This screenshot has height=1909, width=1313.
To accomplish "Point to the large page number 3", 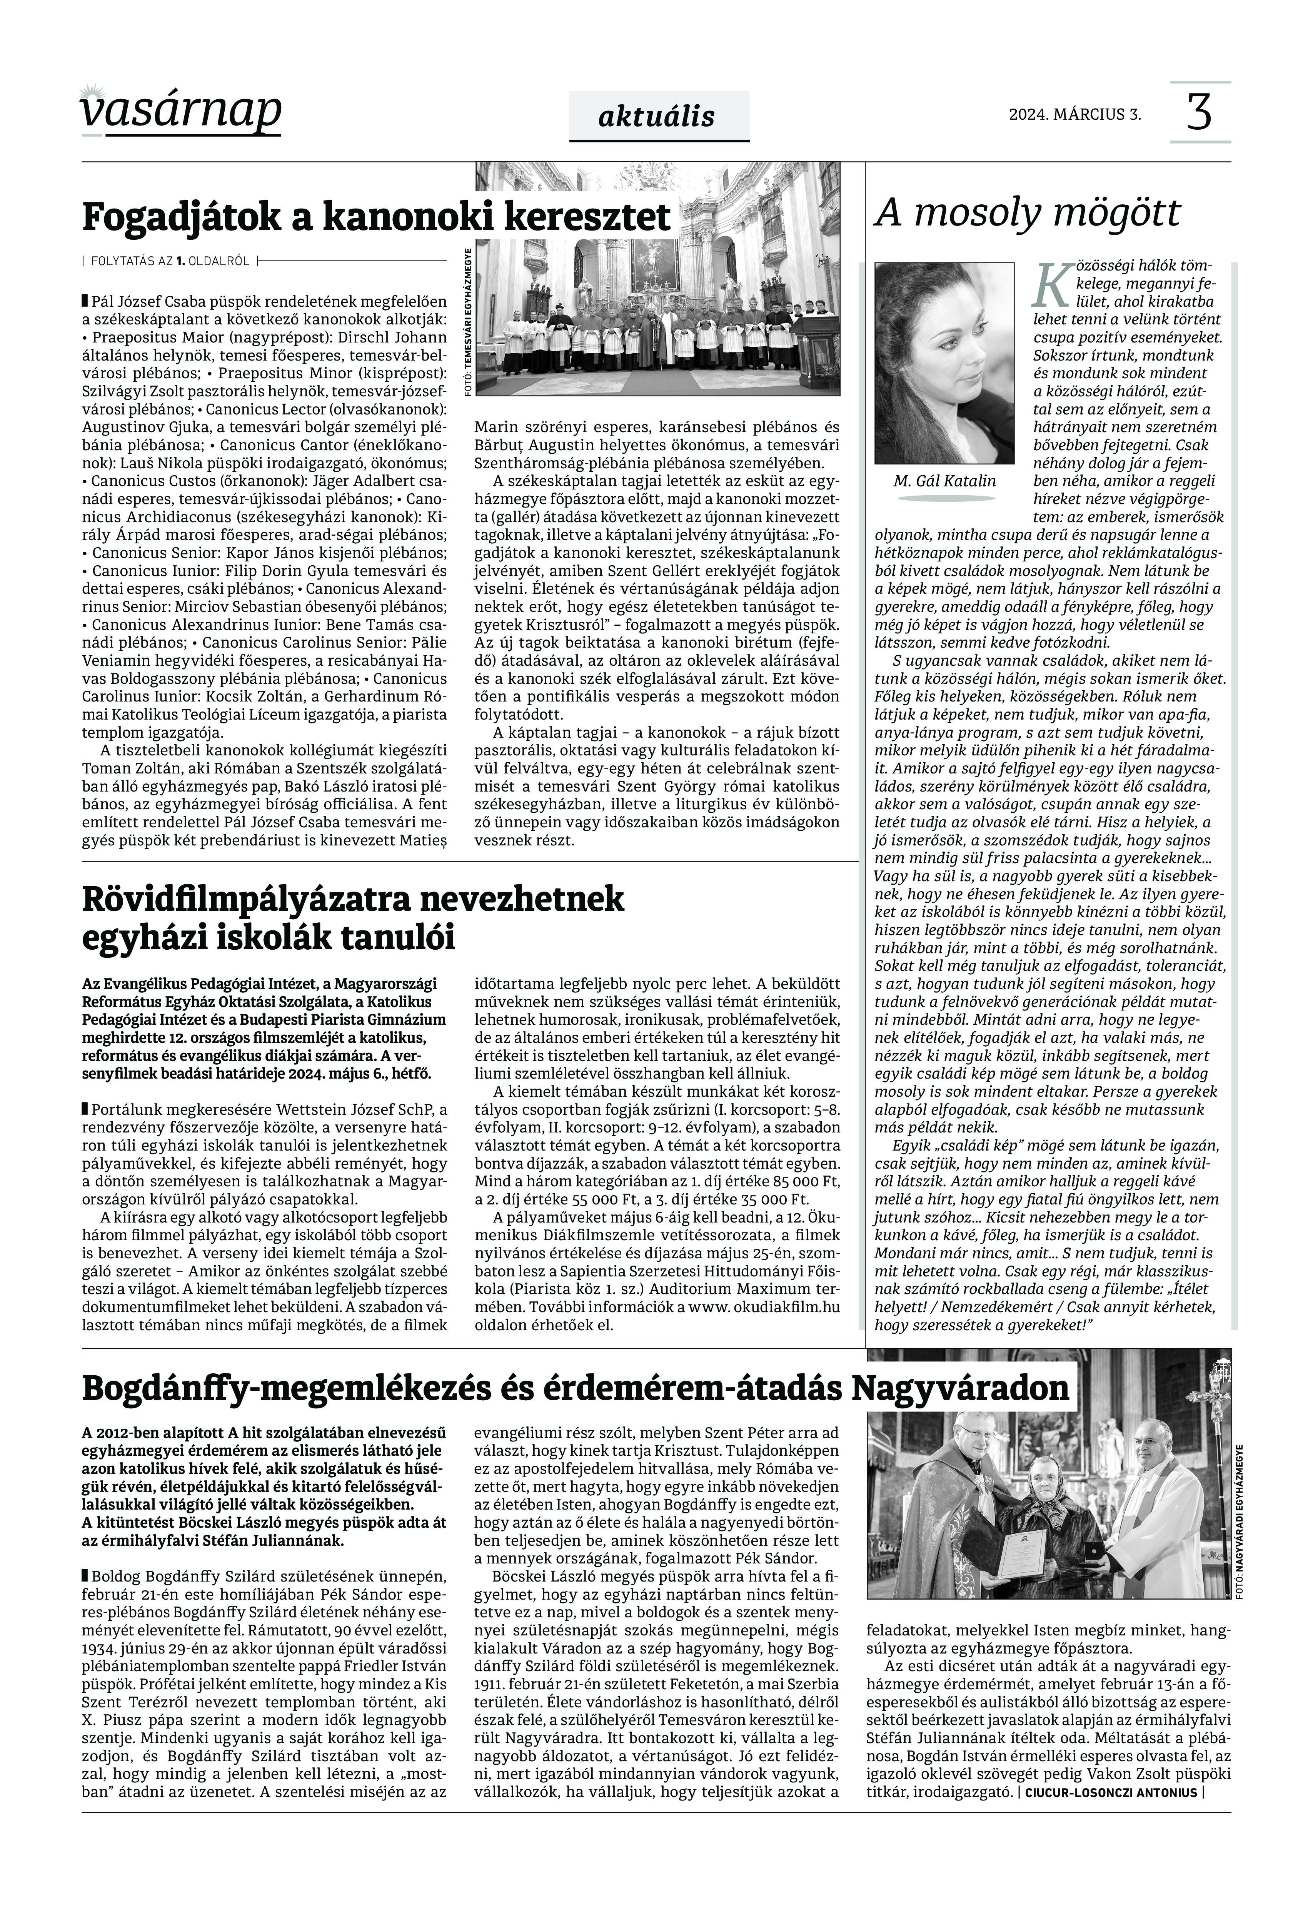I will point(1200,112).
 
